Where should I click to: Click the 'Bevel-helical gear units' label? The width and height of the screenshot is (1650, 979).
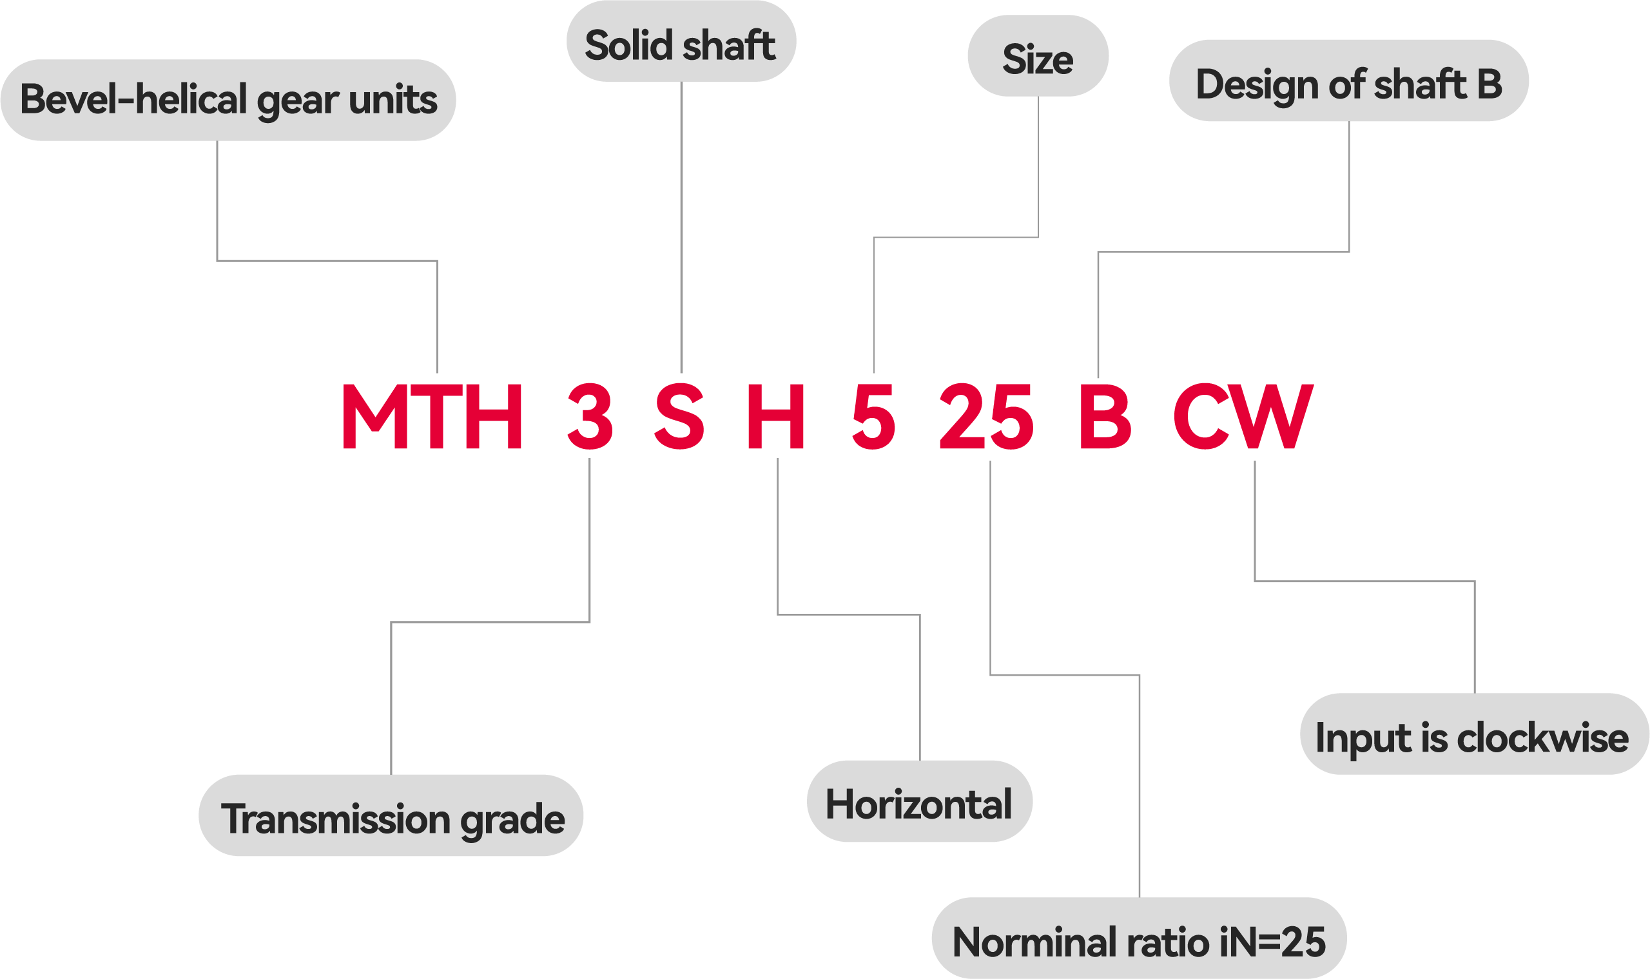[228, 100]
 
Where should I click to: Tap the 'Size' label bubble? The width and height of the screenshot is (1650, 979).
[1038, 58]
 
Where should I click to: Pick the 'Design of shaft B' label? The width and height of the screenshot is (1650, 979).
[1348, 84]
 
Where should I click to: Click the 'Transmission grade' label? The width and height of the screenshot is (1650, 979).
[391, 818]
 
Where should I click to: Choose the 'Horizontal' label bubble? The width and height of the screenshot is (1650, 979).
[918, 804]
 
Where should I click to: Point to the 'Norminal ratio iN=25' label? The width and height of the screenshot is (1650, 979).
[1138, 941]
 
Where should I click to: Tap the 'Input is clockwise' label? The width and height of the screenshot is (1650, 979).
[1473, 736]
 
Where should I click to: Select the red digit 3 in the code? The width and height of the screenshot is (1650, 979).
[590, 417]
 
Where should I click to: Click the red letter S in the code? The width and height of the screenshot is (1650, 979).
[679, 417]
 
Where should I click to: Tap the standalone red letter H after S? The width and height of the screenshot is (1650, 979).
[775, 417]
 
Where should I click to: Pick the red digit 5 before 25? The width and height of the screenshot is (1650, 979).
[873, 417]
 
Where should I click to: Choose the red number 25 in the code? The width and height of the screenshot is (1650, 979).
[986, 417]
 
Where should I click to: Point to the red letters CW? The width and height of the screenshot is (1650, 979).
[1242, 417]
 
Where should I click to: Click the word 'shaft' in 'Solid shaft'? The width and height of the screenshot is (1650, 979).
[728, 45]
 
